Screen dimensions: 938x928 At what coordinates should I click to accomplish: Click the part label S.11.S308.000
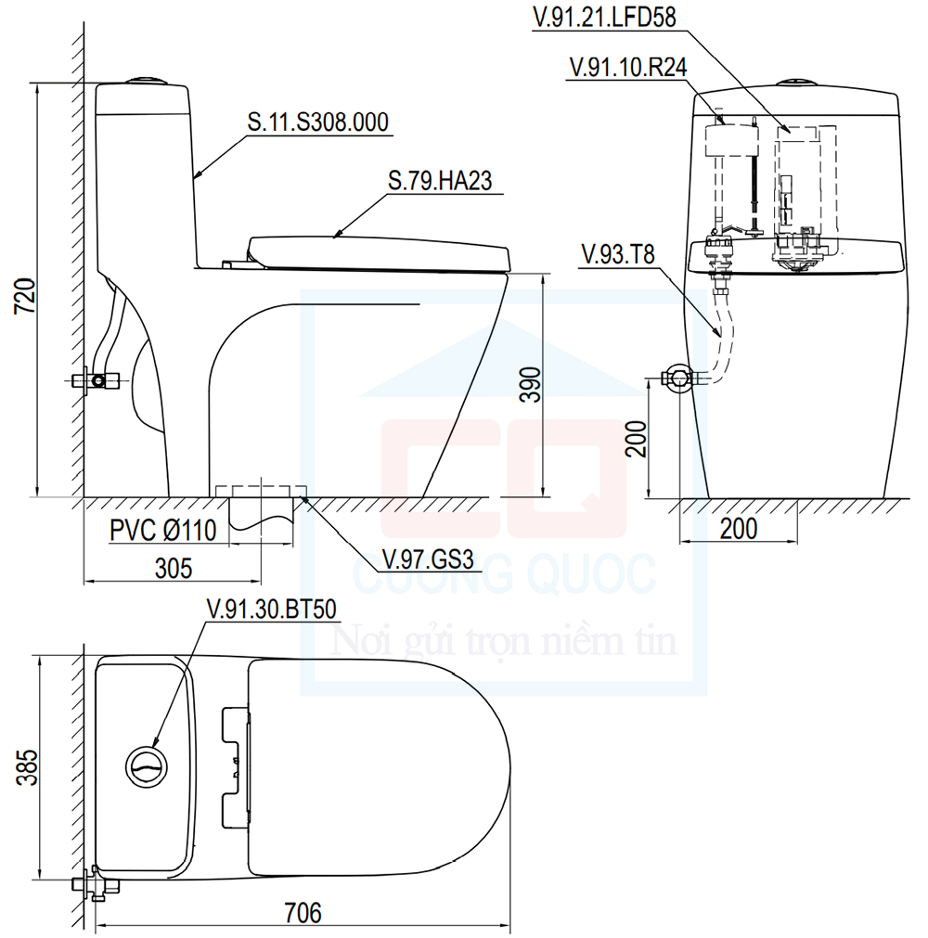pos(316,122)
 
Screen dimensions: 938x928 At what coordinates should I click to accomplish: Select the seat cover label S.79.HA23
pos(440,181)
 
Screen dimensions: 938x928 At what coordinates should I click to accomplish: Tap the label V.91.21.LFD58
pos(603,17)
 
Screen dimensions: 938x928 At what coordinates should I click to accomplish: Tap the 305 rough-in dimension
pos(174,567)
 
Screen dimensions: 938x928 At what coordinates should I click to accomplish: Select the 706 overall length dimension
pos(303,913)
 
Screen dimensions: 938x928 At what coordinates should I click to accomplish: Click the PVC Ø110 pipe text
pos(162,531)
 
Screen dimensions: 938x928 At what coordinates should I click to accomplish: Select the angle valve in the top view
pos(96,882)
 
